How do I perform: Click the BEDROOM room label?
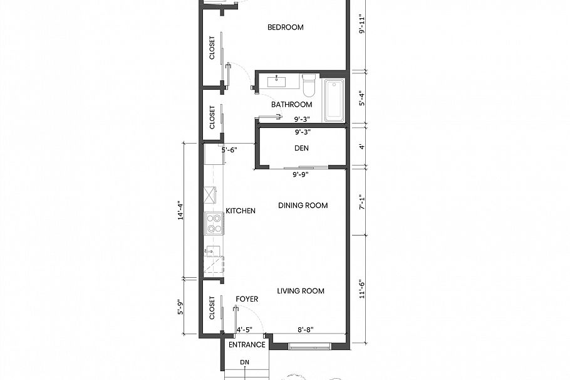pyautogui.click(x=285, y=27)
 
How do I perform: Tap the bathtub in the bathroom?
pyautogui.click(x=334, y=100)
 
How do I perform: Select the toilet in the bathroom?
pyautogui.click(x=309, y=84)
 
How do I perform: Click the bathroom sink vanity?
pyautogui.click(x=277, y=82)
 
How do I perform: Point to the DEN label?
pyautogui.click(x=302, y=149)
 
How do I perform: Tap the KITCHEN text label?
pyautogui.click(x=241, y=211)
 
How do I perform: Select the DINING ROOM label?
pyautogui.click(x=303, y=206)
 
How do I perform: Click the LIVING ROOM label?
pyautogui.click(x=301, y=291)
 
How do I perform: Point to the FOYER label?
pyautogui.click(x=247, y=299)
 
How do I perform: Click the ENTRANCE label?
pyautogui.click(x=247, y=345)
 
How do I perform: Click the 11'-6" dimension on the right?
pyautogui.click(x=361, y=289)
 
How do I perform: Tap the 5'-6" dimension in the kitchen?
pyautogui.click(x=230, y=150)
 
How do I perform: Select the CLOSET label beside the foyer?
pyautogui.click(x=212, y=308)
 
